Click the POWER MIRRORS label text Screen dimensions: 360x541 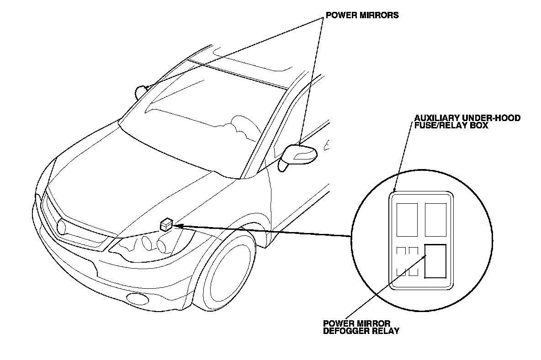tap(361, 15)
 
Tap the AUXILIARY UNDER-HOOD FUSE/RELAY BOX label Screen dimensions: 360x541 tap(467, 122)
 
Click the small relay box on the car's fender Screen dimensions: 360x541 tap(166, 225)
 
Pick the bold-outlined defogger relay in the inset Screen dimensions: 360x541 tap(435, 261)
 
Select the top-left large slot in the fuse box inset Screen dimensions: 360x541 tap(408, 219)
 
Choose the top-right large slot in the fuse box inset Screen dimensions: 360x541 tap(435, 219)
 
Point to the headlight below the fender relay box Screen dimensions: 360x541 tap(151, 247)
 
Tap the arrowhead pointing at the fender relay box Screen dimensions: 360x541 tap(179, 225)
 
